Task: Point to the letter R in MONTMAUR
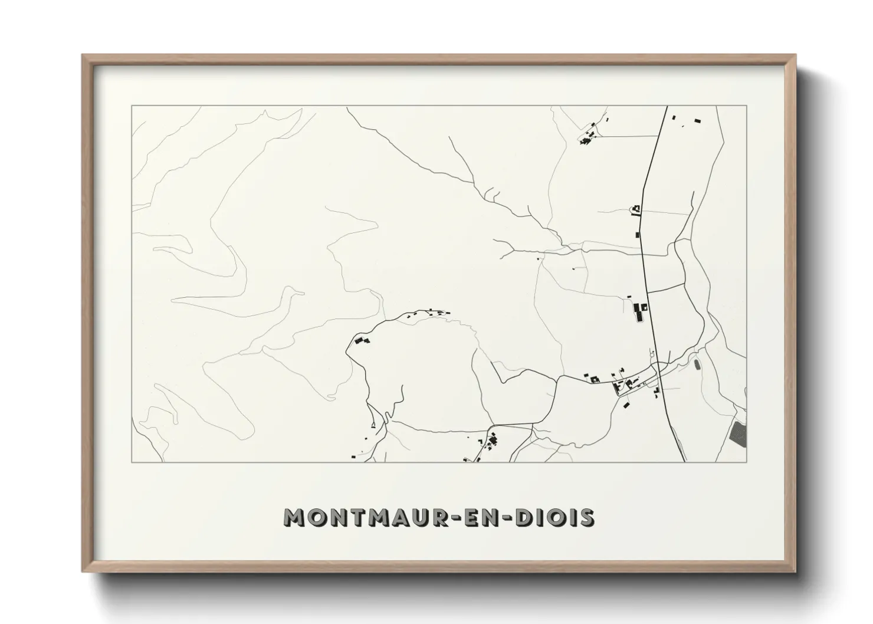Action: pyautogui.click(x=438, y=518)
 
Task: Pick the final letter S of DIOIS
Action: pyautogui.click(x=586, y=518)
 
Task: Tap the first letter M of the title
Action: pyautogui.click(x=296, y=518)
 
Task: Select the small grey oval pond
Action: pyautogui.click(x=697, y=366)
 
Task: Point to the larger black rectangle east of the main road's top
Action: pyautogui.click(x=698, y=121)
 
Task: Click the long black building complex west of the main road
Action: pyautogui.click(x=638, y=313)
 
